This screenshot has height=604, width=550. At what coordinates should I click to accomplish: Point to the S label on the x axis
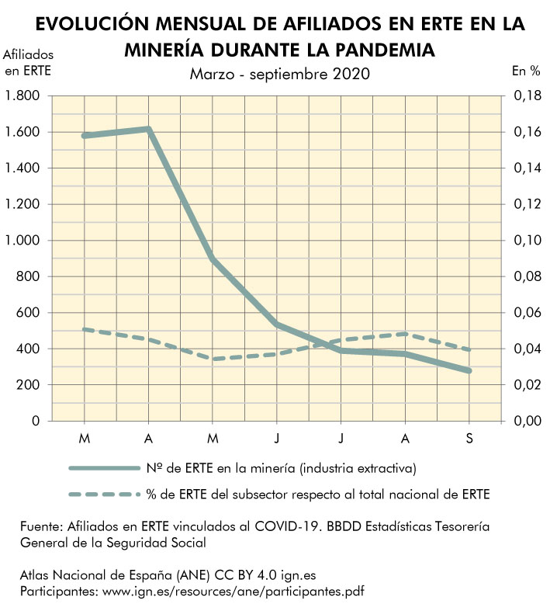click(x=469, y=439)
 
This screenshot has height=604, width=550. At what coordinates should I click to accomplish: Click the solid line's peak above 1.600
click(x=148, y=129)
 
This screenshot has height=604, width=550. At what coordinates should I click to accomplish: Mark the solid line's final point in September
click(x=469, y=371)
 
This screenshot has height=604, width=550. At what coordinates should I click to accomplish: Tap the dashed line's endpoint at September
click(x=469, y=349)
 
